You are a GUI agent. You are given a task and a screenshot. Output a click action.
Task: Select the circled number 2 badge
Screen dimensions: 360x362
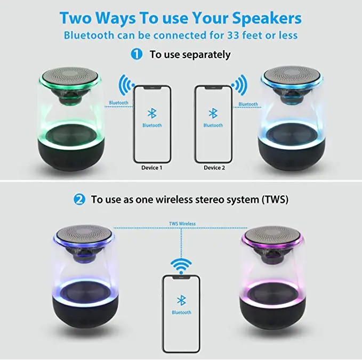coord(79,200)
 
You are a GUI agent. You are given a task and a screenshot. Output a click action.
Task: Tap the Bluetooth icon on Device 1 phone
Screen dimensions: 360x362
coord(152,113)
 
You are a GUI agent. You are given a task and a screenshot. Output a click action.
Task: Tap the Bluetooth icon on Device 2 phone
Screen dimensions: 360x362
coord(213,113)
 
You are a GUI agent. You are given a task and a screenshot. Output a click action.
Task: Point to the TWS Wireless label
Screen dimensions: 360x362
coord(182,224)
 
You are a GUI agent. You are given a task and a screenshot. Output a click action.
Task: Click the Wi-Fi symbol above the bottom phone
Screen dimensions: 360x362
coord(181,265)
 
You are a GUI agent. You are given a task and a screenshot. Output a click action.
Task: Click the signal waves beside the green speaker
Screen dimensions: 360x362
coord(126,84)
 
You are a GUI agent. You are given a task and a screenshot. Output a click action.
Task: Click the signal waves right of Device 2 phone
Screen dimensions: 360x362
coord(239,84)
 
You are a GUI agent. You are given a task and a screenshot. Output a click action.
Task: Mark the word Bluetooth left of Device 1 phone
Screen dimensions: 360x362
coord(118,103)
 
